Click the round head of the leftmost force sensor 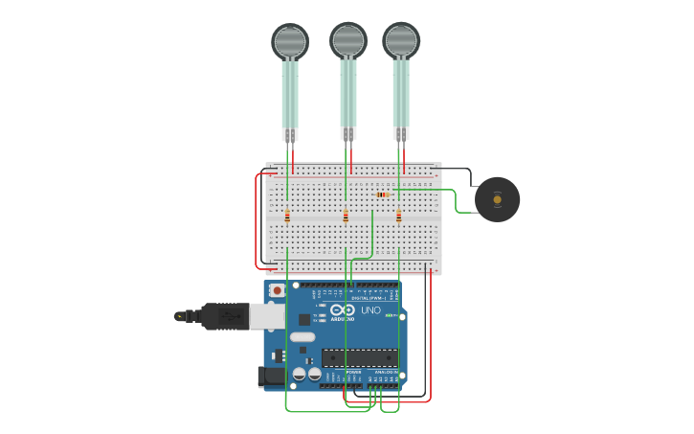point(290,41)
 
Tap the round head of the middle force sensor point(348,40)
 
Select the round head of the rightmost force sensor point(401,40)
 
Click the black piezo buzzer point(497,199)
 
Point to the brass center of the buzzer point(497,199)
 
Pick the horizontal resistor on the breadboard point(384,194)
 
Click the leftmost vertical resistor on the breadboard point(287,217)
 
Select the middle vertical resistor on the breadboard point(346,217)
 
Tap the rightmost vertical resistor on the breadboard point(399,217)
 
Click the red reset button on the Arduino point(277,290)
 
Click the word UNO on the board point(370,310)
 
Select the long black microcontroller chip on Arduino point(359,357)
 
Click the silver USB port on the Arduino point(268,316)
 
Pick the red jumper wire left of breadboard point(256,220)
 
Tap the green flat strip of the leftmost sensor point(289,96)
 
